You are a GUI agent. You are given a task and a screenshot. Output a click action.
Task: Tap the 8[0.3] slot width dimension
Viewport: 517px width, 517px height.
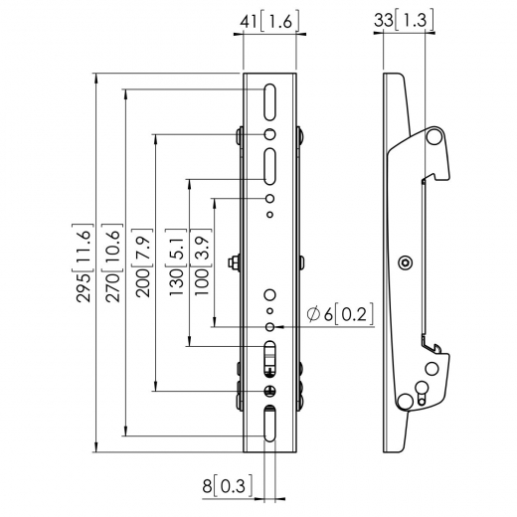click(x=229, y=486)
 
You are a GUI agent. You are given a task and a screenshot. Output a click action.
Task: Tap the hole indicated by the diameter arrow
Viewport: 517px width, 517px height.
click(x=270, y=325)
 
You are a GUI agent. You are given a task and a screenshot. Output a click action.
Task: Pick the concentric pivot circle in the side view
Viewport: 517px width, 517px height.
click(x=404, y=262)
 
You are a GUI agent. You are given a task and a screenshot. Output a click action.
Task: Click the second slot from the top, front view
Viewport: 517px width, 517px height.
click(x=270, y=164)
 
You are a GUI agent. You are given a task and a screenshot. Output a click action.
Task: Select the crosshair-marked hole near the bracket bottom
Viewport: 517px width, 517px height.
click(x=270, y=391)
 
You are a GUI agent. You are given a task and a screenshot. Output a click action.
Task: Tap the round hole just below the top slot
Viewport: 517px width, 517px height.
click(x=270, y=135)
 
